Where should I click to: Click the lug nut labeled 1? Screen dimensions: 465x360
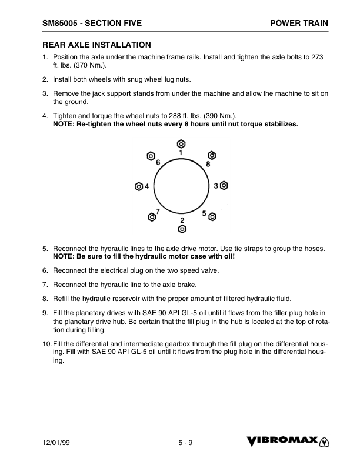click(x=181, y=143)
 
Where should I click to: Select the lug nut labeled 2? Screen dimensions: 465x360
click(x=182, y=228)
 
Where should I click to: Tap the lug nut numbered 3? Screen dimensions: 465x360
click(x=224, y=185)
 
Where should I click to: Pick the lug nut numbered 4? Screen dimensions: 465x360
click(x=139, y=186)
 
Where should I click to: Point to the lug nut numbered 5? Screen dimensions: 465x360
click(x=212, y=216)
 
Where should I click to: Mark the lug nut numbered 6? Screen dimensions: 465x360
click(x=151, y=156)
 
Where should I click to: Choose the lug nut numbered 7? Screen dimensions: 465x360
click(x=152, y=217)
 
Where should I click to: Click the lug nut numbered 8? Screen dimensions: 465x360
click(x=212, y=156)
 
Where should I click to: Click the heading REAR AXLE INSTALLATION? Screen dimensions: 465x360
click(x=96, y=45)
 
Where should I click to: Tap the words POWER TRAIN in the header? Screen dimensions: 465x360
click(x=299, y=23)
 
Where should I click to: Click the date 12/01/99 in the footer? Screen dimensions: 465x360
click(x=56, y=443)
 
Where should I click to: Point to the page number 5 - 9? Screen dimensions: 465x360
click(x=185, y=443)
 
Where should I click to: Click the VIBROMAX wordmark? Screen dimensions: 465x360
click(x=282, y=441)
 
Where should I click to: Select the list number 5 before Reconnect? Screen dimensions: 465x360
click(x=45, y=249)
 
